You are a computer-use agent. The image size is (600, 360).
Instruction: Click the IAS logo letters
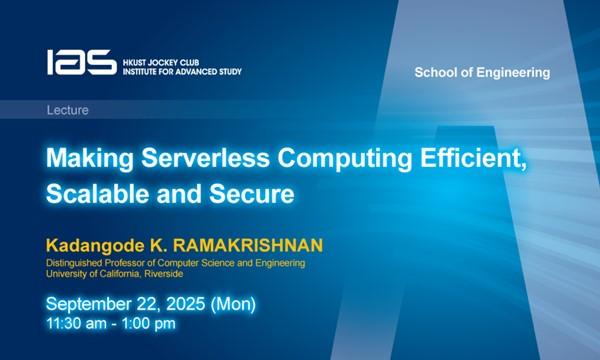81,63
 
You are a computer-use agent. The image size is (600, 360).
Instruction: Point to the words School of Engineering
482,73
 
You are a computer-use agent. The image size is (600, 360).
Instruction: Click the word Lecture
68,110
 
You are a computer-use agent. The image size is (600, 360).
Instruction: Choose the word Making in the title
87,158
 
